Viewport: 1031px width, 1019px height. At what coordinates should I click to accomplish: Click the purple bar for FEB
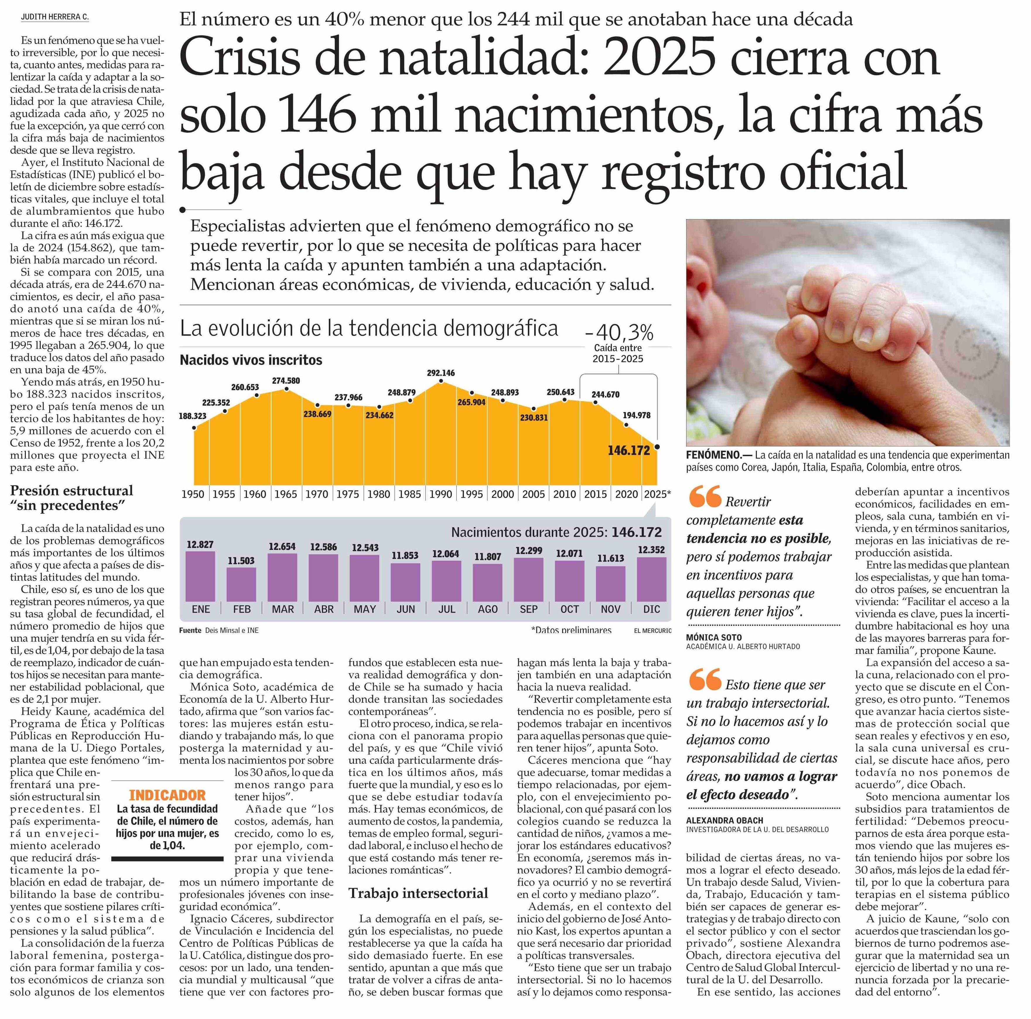click(x=241, y=585)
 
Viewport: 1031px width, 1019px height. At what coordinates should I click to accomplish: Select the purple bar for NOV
click(x=610, y=584)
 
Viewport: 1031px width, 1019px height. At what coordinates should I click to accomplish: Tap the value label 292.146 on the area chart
click(x=441, y=373)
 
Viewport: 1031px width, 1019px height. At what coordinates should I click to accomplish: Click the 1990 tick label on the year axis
click(x=441, y=494)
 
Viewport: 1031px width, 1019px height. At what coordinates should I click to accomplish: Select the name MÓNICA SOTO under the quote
click(x=714, y=637)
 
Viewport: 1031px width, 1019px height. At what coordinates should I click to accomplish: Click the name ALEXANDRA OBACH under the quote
click(x=725, y=820)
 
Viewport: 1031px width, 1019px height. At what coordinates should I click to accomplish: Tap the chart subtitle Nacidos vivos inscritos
click(x=251, y=360)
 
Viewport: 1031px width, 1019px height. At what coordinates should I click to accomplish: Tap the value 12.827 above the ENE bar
click(x=200, y=544)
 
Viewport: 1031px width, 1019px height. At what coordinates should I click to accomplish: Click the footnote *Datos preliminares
click(x=571, y=630)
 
